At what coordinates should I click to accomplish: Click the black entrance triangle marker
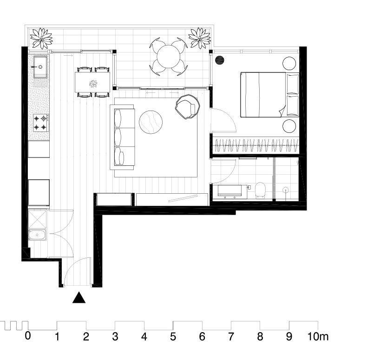click(x=79, y=298)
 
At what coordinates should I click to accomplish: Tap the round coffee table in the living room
click(x=151, y=122)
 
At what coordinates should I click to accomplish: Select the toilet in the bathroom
click(x=260, y=190)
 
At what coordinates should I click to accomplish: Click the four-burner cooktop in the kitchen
click(x=41, y=123)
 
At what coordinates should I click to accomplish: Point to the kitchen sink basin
click(x=40, y=67)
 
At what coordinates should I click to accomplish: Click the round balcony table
click(x=169, y=57)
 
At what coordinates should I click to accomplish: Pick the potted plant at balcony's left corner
click(x=41, y=38)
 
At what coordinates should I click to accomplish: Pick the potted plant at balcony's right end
click(x=200, y=38)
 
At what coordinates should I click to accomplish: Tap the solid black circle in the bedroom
click(x=220, y=60)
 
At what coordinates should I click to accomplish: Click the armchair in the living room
click(x=188, y=106)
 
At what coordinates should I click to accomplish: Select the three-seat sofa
click(x=123, y=137)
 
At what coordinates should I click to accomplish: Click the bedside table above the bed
click(x=289, y=64)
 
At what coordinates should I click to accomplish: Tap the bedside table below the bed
click(x=289, y=126)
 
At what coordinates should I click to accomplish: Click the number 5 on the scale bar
click(x=173, y=337)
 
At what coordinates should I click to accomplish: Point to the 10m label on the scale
click(x=318, y=337)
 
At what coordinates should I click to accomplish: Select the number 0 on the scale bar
click(x=28, y=336)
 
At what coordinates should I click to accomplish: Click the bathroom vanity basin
click(x=229, y=191)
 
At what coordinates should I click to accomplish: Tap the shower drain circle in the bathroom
click(x=286, y=190)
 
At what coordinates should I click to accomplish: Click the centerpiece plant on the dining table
click(x=93, y=84)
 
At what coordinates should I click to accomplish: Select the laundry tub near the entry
click(x=37, y=235)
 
